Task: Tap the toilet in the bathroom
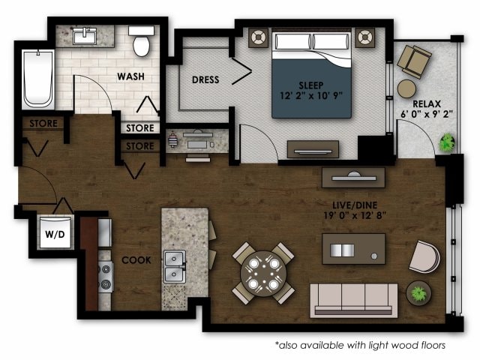tap(140, 43)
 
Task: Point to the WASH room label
tap(131, 76)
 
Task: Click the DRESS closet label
tap(205, 79)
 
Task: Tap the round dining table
tap(263, 271)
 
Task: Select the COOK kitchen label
tap(136, 260)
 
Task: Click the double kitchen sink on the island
tap(175, 263)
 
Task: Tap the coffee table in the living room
tap(353, 249)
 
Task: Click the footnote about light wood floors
tap(360, 345)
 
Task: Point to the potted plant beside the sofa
tap(418, 292)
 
